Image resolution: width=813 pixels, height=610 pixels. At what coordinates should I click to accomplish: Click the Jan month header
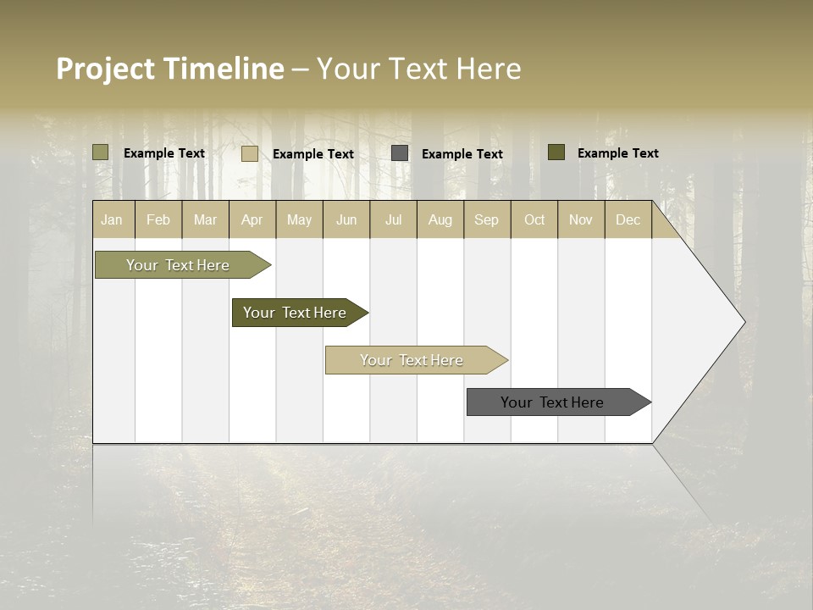[112, 220]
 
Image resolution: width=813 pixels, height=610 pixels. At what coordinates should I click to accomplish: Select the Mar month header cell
[205, 220]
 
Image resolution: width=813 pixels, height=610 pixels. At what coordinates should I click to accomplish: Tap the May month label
[299, 220]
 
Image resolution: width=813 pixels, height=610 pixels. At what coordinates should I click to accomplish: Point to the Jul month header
[393, 220]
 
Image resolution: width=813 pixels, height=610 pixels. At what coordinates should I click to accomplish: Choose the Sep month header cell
[486, 220]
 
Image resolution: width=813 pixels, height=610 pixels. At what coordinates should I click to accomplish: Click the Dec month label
[628, 220]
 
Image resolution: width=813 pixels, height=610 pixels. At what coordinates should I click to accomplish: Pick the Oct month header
[534, 220]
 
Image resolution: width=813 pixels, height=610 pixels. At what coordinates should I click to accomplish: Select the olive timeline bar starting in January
[178, 265]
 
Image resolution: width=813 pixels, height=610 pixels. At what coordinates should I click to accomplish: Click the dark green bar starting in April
[295, 313]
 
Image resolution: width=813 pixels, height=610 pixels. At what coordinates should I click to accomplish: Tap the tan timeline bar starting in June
[412, 360]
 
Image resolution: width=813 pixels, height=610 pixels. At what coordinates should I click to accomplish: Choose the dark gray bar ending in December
[552, 402]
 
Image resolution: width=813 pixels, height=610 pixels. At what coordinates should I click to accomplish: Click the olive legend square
[101, 152]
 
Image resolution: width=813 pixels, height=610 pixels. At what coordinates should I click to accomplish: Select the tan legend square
[250, 153]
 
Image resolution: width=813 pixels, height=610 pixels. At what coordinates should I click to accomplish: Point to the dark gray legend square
[400, 153]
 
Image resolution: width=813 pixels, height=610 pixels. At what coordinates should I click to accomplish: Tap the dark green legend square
[556, 152]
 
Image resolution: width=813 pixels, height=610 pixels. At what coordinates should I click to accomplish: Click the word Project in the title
[106, 69]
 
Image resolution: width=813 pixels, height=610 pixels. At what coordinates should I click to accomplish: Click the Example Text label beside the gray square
[462, 154]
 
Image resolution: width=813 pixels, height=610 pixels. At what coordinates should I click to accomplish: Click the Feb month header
[158, 220]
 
